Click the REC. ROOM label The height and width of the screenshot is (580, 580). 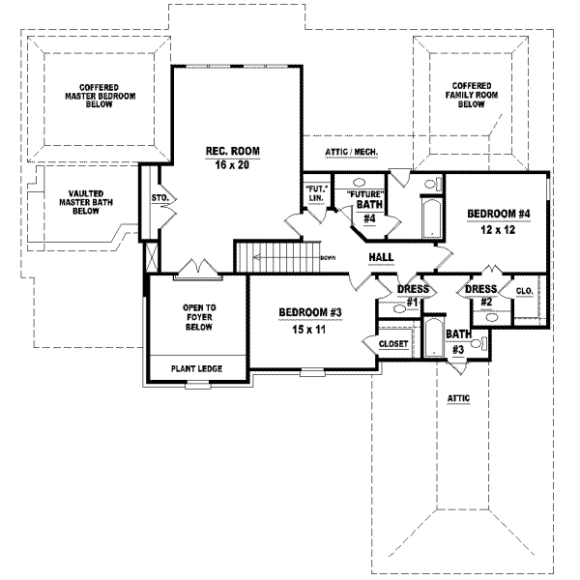(x=232, y=151)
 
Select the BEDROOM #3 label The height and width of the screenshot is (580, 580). (x=310, y=312)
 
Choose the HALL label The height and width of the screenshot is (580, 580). (x=381, y=257)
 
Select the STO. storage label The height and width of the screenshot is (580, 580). (x=160, y=198)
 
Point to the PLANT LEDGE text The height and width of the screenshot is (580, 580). (x=193, y=368)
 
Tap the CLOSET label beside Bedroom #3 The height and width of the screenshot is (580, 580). (x=393, y=343)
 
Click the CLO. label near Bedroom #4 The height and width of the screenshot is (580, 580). (x=525, y=290)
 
